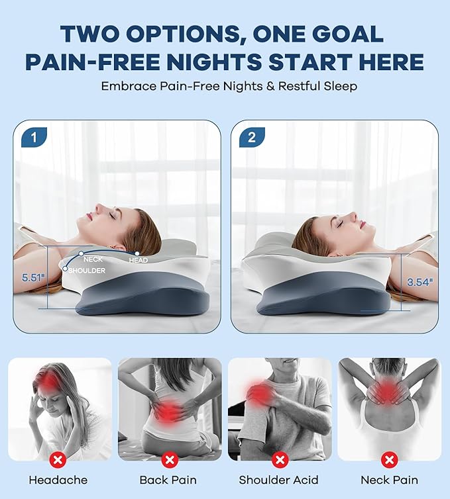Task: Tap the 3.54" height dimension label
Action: [x=419, y=282]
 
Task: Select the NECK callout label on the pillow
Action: [x=93, y=259]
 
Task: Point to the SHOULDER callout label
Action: [x=87, y=271]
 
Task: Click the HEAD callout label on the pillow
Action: [x=139, y=260]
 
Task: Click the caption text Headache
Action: [x=58, y=480]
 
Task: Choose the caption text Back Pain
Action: [x=169, y=480]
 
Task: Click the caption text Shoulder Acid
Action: [x=279, y=480]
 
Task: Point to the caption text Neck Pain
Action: [x=389, y=480]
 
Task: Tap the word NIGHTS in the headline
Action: [x=210, y=62]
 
